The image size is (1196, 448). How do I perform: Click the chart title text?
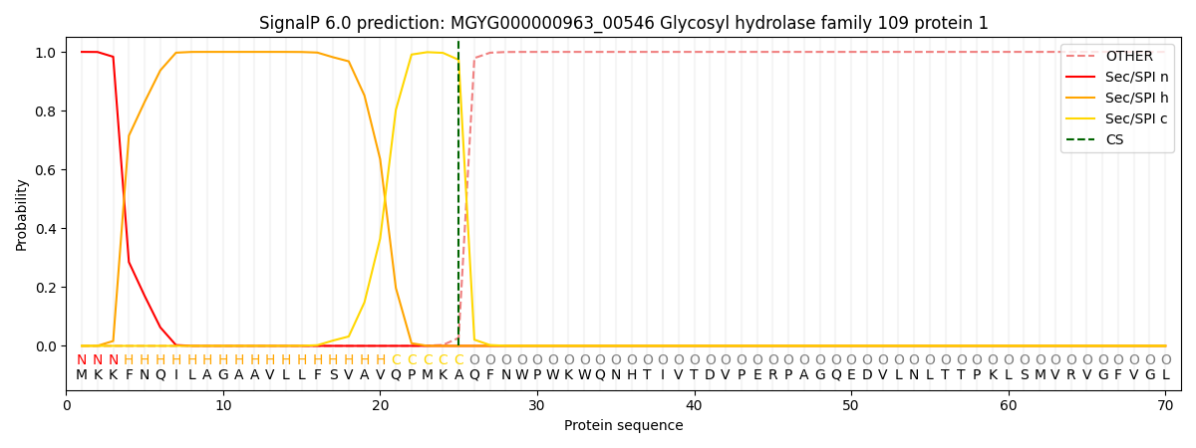[x=623, y=23]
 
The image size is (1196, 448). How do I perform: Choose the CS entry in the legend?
[x=1114, y=140]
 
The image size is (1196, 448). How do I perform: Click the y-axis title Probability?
[x=22, y=214]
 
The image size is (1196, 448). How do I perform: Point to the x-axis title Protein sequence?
[x=623, y=426]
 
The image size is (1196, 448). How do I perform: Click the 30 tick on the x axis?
[x=537, y=405]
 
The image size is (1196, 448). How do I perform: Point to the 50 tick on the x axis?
[x=851, y=405]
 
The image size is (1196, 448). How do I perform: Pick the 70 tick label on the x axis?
[x=1165, y=405]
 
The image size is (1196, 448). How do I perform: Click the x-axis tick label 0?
[x=67, y=405]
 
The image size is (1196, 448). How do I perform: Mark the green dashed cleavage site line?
[x=458, y=199]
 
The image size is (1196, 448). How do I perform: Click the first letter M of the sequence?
[x=82, y=375]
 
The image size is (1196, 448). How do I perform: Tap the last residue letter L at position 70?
[x=1165, y=375]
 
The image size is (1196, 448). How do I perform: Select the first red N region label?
[x=82, y=360]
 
